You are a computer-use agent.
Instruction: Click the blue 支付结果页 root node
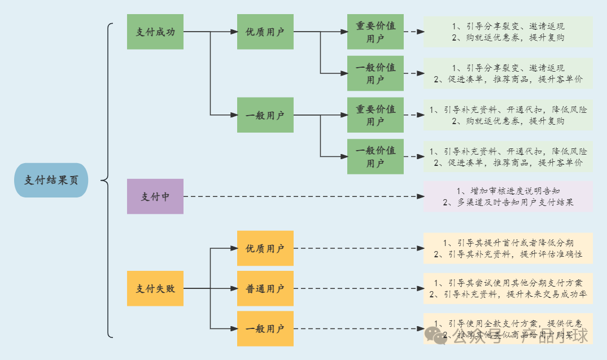(51, 180)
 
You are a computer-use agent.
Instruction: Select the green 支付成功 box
(155, 32)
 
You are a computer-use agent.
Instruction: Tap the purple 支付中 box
(155, 196)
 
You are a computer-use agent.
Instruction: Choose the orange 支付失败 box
(155, 288)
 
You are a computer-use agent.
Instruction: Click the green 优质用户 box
(265, 32)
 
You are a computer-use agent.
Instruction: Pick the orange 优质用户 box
(265, 248)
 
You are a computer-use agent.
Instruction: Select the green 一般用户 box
(265, 115)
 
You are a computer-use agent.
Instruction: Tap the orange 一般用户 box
(265, 328)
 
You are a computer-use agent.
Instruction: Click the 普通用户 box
(265, 288)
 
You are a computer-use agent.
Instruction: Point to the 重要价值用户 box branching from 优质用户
(375, 32)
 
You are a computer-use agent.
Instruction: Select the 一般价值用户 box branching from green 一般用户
(375, 156)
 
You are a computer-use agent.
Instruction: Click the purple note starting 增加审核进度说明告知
(508, 196)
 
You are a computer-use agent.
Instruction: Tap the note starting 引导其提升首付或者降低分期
(508, 248)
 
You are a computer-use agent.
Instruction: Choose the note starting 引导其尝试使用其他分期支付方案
(508, 288)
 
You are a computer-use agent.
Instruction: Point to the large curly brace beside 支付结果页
(108, 181)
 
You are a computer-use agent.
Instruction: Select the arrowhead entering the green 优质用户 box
(233, 32)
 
